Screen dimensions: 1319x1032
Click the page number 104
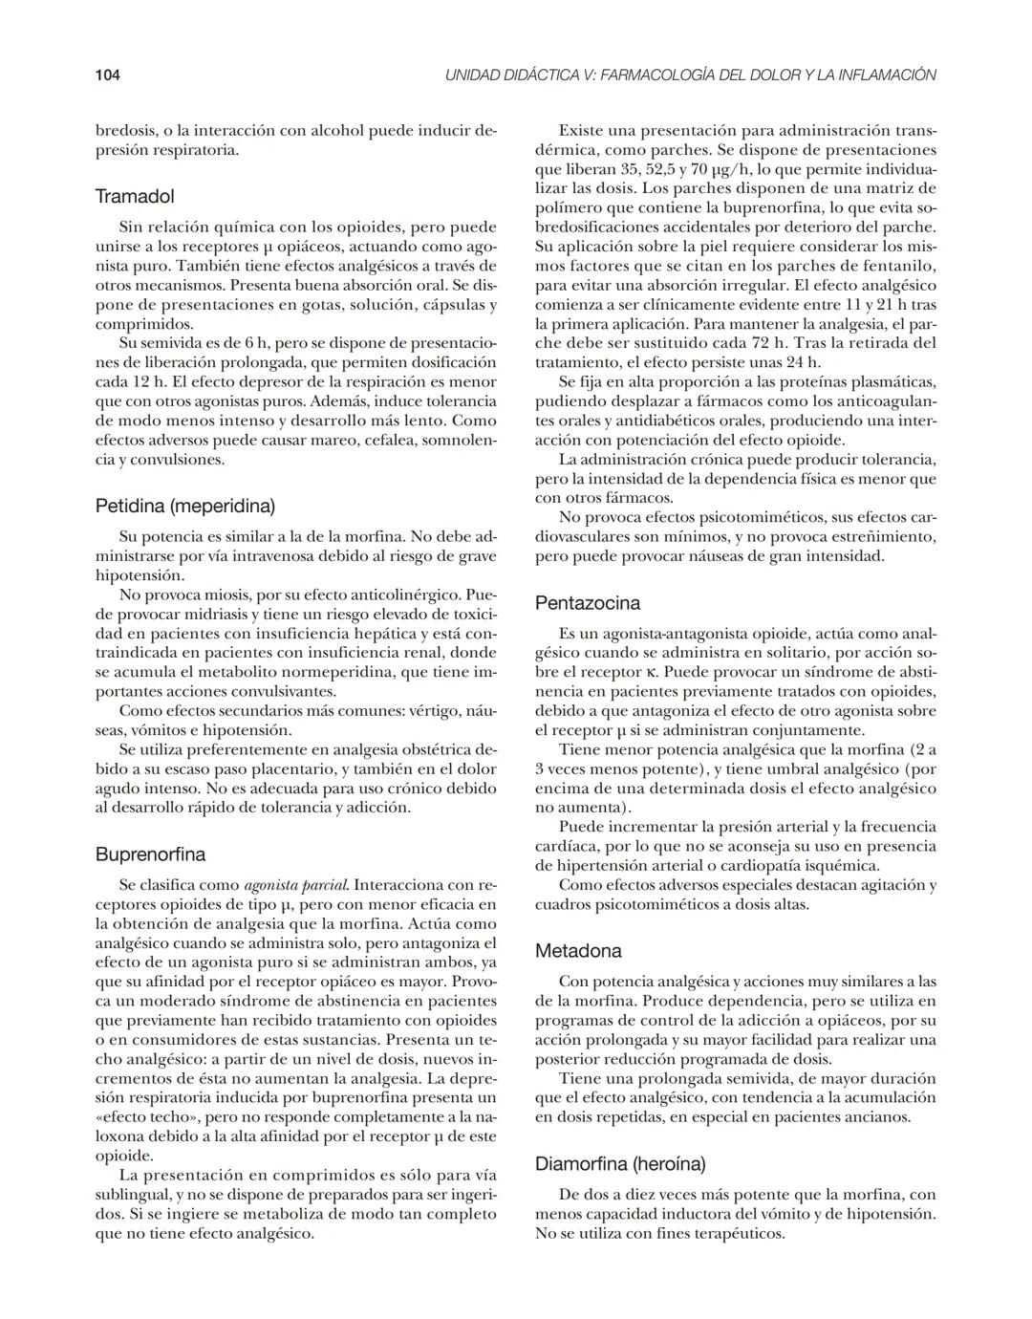106,75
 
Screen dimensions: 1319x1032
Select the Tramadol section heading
135,197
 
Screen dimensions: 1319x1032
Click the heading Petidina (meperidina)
185,506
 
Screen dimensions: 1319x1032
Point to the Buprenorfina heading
150,854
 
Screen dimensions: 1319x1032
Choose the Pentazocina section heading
588,603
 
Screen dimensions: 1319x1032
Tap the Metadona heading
578,951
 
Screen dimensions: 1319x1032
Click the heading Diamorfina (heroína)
620,1164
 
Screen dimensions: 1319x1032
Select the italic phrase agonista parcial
296,885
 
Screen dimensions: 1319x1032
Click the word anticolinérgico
402,595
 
